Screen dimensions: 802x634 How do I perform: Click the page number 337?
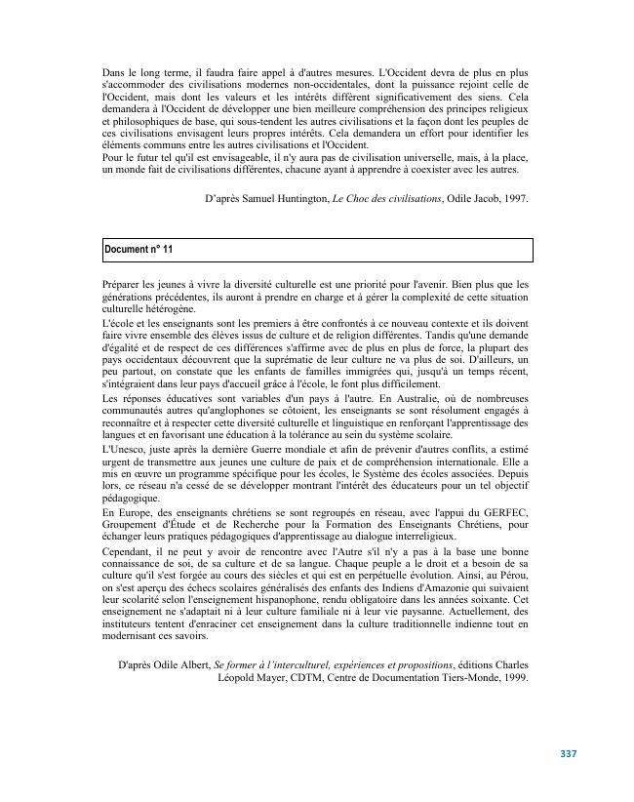(x=570, y=753)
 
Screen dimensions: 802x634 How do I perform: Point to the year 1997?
(x=515, y=199)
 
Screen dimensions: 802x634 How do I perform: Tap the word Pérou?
(x=512, y=575)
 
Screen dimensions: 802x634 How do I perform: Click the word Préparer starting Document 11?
(x=123, y=284)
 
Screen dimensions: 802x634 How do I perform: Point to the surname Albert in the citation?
(x=194, y=665)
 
